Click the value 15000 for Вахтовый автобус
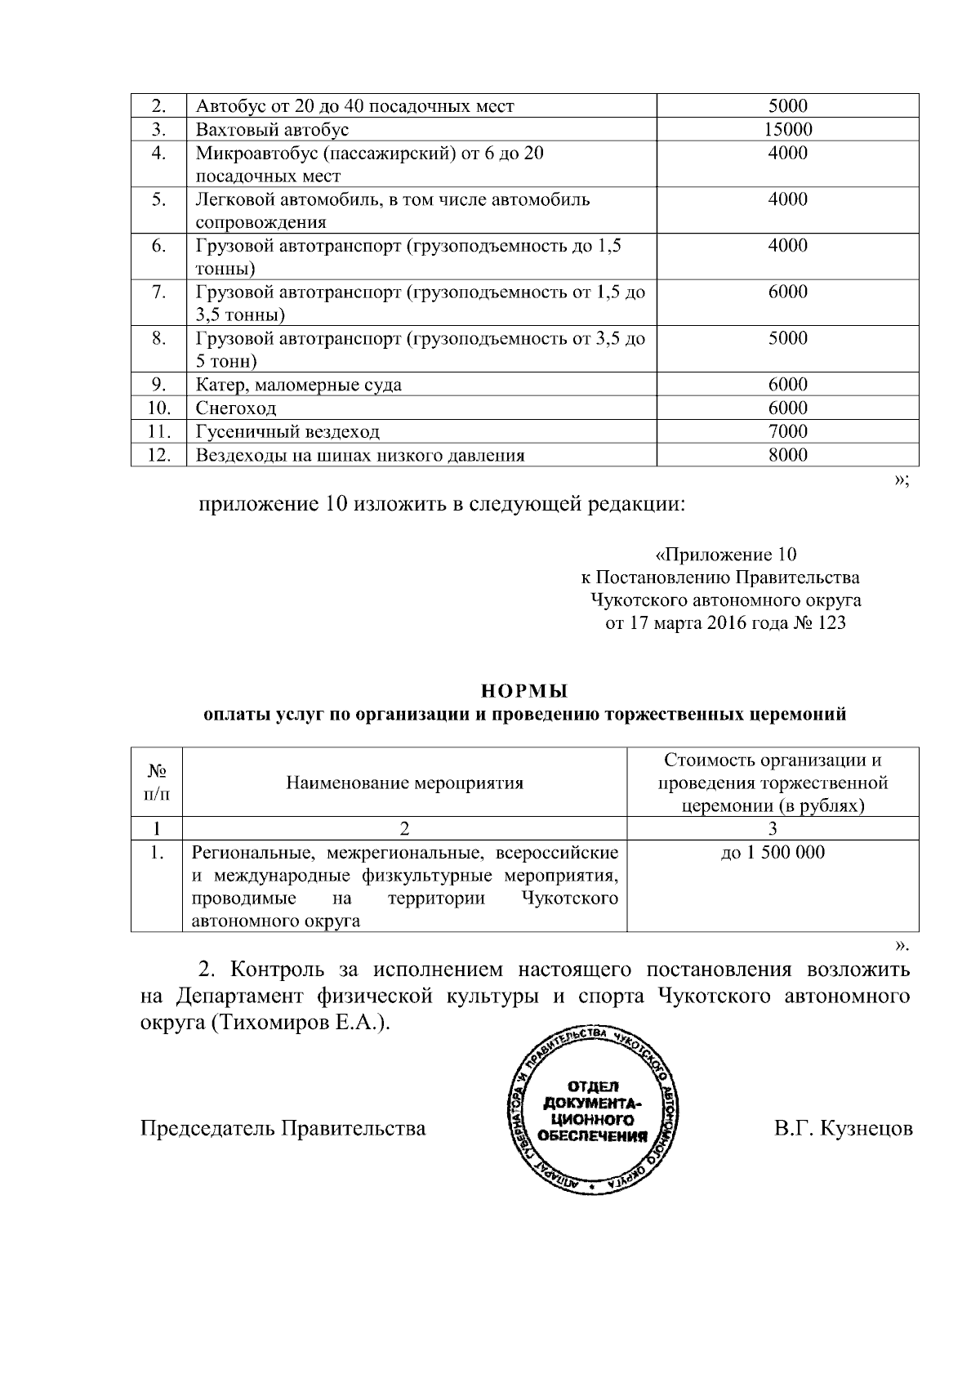pyautogui.click(x=787, y=129)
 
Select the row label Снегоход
pyautogui.click(x=236, y=408)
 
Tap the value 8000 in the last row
pyautogui.click(x=787, y=455)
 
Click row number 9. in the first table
pyautogui.click(x=159, y=385)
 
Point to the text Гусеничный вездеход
pyautogui.click(x=287, y=432)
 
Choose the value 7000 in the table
pyautogui.click(x=787, y=431)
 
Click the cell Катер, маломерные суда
pyautogui.click(x=299, y=385)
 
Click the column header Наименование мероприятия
pyautogui.click(x=404, y=783)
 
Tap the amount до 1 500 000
pyautogui.click(x=773, y=853)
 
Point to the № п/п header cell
pyautogui.click(x=157, y=783)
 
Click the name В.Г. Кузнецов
pyautogui.click(x=843, y=1129)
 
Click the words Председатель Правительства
pyautogui.click(x=283, y=1129)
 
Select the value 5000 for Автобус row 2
pyautogui.click(x=787, y=105)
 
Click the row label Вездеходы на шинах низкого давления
pyautogui.click(x=359, y=456)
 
